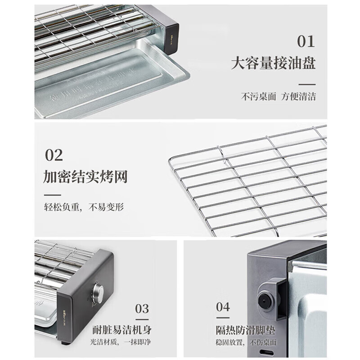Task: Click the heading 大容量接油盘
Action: pos(273,63)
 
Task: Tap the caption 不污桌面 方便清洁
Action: pos(279,96)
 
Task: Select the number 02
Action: pos(54,155)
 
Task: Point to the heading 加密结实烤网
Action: pos(85,176)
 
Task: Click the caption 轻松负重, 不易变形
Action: pos(84,207)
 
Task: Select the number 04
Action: pos(223,307)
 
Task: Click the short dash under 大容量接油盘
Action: pos(307,84)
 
